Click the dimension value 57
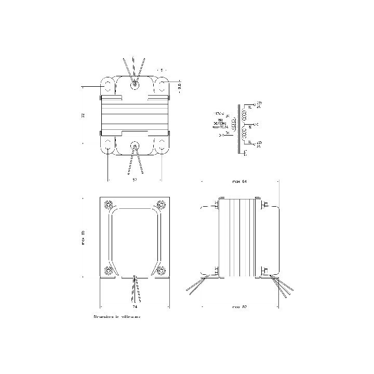135,179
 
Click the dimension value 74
135,306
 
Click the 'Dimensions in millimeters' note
117,316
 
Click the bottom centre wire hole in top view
135,145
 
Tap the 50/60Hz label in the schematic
219,123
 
